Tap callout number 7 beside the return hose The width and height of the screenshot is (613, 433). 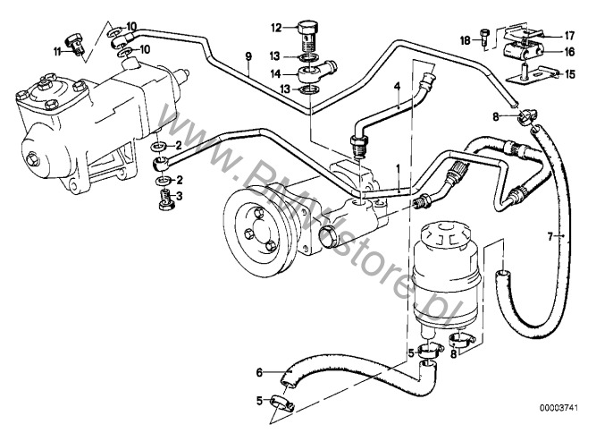click(562, 236)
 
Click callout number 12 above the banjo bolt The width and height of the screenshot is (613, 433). click(276, 26)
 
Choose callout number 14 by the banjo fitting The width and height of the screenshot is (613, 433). click(276, 73)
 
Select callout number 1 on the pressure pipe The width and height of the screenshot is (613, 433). click(385, 168)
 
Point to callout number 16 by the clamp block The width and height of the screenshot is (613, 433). click(568, 52)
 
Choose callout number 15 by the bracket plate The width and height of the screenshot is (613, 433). click(569, 73)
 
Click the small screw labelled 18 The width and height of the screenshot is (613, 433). click(484, 38)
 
